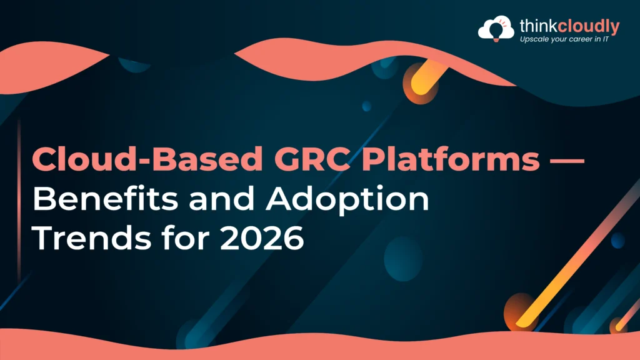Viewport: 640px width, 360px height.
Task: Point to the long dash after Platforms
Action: pyautogui.click(x=565, y=161)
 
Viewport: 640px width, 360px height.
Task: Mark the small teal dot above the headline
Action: pyautogui.click(x=366, y=106)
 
